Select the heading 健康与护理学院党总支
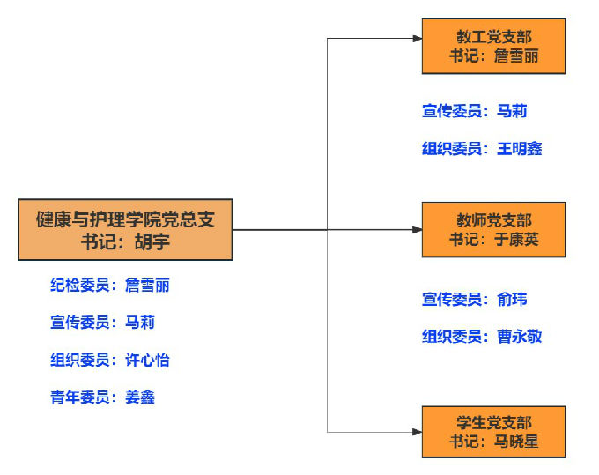pos(125,219)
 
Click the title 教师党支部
pos(493,220)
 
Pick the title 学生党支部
pos(493,423)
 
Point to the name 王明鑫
pos(519,149)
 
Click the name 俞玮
pos(512,300)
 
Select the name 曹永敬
pos(519,337)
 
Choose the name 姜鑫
pos(140,397)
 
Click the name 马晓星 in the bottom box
pos(515,442)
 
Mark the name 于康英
pos(515,239)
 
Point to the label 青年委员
pos(80,397)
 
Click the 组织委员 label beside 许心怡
pos(80,360)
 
